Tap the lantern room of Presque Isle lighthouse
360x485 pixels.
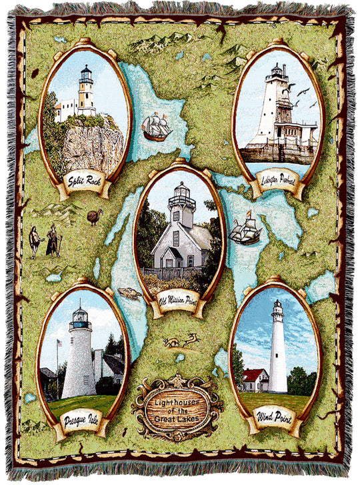pos(80,316)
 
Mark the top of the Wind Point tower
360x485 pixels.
pos(277,307)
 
